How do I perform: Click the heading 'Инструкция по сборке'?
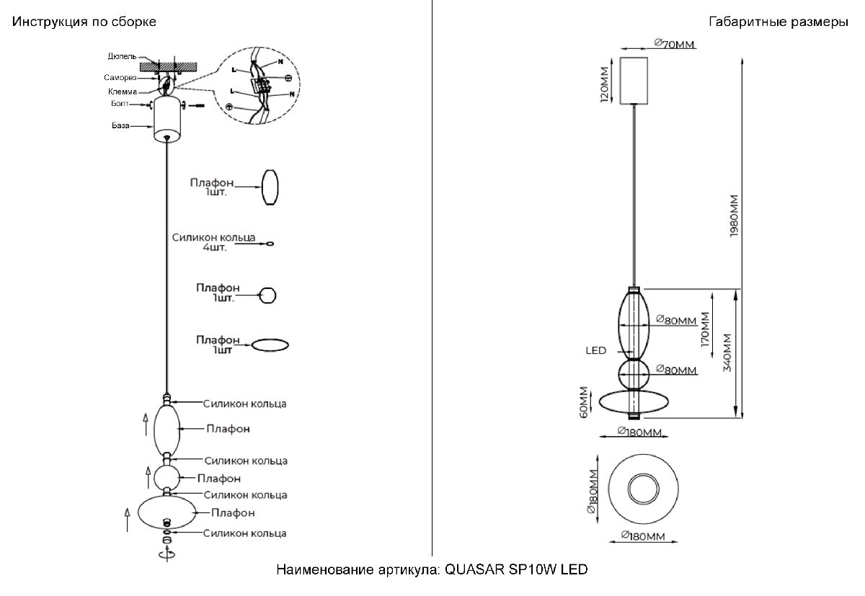pyautogui.click(x=84, y=22)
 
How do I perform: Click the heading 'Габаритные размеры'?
pyautogui.click(x=778, y=22)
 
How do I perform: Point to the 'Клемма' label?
pyautogui.click(x=123, y=91)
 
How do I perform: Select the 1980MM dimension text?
pyautogui.click(x=735, y=216)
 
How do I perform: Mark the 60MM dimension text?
pyautogui.click(x=584, y=402)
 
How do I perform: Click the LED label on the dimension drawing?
pyautogui.click(x=596, y=351)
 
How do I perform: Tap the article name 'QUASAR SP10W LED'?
pyautogui.click(x=517, y=570)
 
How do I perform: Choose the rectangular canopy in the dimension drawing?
pyautogui.click(x=634, y=79)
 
